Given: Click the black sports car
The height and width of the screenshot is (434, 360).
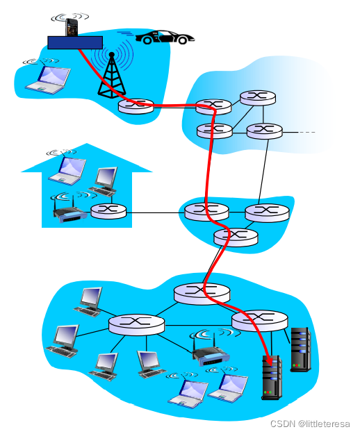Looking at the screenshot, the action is pyautogui.click(x=165, y=37).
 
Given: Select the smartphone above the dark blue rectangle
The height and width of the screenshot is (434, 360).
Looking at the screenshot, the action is pyautogui.click(x=72, y=27).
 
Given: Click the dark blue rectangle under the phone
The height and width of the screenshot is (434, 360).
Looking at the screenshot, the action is pyautogui.click(x=75, y=42).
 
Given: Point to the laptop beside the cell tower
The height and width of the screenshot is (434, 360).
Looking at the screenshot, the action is pyautogui.click(x=48, y=78).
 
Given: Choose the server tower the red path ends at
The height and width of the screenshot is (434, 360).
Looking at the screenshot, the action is pyautogui.click(x=272, y=378).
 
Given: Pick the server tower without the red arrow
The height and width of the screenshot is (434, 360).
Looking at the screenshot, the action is pyautogui.click(x=300, y=349).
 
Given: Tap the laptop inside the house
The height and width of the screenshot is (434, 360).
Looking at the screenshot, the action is pyautogui.click(x=67, y=171).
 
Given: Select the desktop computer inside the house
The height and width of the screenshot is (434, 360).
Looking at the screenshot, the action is pyautogui.click(x=104, y=181).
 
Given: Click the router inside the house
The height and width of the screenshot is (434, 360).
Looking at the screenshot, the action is pyautogui.click(x=108, y=212).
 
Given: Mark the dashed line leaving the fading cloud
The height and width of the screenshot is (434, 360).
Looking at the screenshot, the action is pyautogui.click(x=306, y=133).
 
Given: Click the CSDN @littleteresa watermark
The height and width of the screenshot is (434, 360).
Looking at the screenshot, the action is pyautogui.click(x=310, y=424).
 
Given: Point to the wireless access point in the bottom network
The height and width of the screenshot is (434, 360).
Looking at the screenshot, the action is pyautogui.click(x=211, y=352).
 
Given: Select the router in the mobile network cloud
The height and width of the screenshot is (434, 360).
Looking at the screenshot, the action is pyautogui.click(x=136, y=106).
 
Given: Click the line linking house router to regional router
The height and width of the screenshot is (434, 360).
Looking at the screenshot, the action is pyautogui.click(x=156, y=213).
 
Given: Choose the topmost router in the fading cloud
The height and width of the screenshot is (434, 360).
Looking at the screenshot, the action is pyautogui.click(x=258, y=98).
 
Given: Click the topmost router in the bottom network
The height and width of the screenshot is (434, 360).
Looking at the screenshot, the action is pyautogui.click(x=202, y=294).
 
